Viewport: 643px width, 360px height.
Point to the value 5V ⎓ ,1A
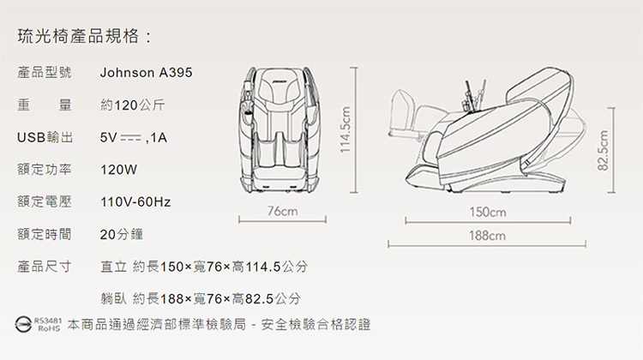[134, 138]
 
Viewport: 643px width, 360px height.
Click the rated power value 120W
[118, 170]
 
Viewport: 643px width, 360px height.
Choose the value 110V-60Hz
[135, 202]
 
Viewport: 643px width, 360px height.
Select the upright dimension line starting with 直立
[204, 266]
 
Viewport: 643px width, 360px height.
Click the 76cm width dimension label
[282, 211]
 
